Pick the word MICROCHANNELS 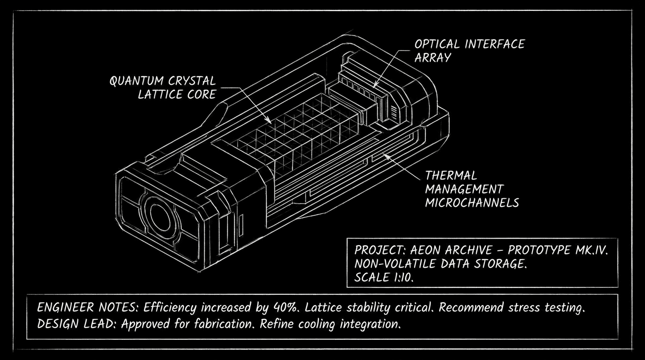[x=472, y=203]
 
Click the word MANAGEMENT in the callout [x=464, y=189]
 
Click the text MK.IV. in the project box [x=591, y=250]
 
